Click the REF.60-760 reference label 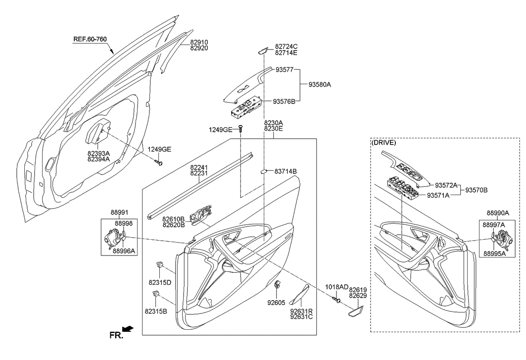(x=90, y=39)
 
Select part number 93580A (x=319, y=85)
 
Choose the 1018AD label (x=336, y=287)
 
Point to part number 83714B (x=286, y=171)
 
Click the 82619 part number (x=358, y=289)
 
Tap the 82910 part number (x=199, y=42)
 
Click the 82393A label (x=98, y=154)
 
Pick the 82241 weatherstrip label (x=199, y=167)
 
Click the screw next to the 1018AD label (x=336, y=300)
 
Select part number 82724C (x=286, y=46)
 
